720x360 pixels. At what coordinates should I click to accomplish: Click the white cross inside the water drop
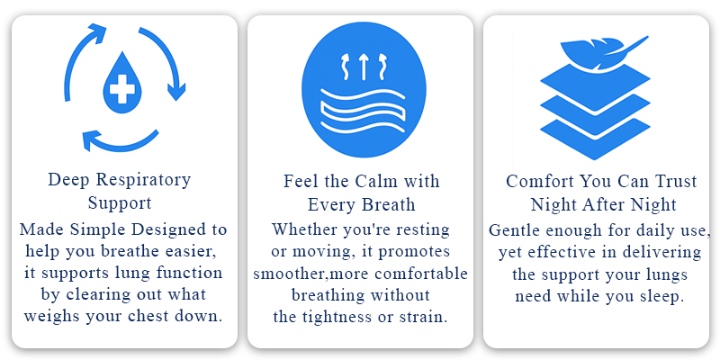tap(121, 88)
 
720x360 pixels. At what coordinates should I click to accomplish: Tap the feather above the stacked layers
tap(601, 51)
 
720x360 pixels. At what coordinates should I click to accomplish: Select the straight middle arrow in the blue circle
tap(364, 66)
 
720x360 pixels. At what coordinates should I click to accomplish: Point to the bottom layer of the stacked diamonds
tap(595, 139)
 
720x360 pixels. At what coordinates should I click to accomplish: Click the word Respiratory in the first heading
tap(143, 180)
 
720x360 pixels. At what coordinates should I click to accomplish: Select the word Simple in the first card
tap(98, 229)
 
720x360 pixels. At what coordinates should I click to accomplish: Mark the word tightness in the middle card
tap(336, 317)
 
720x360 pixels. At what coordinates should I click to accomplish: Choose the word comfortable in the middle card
tap(420, 274)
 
